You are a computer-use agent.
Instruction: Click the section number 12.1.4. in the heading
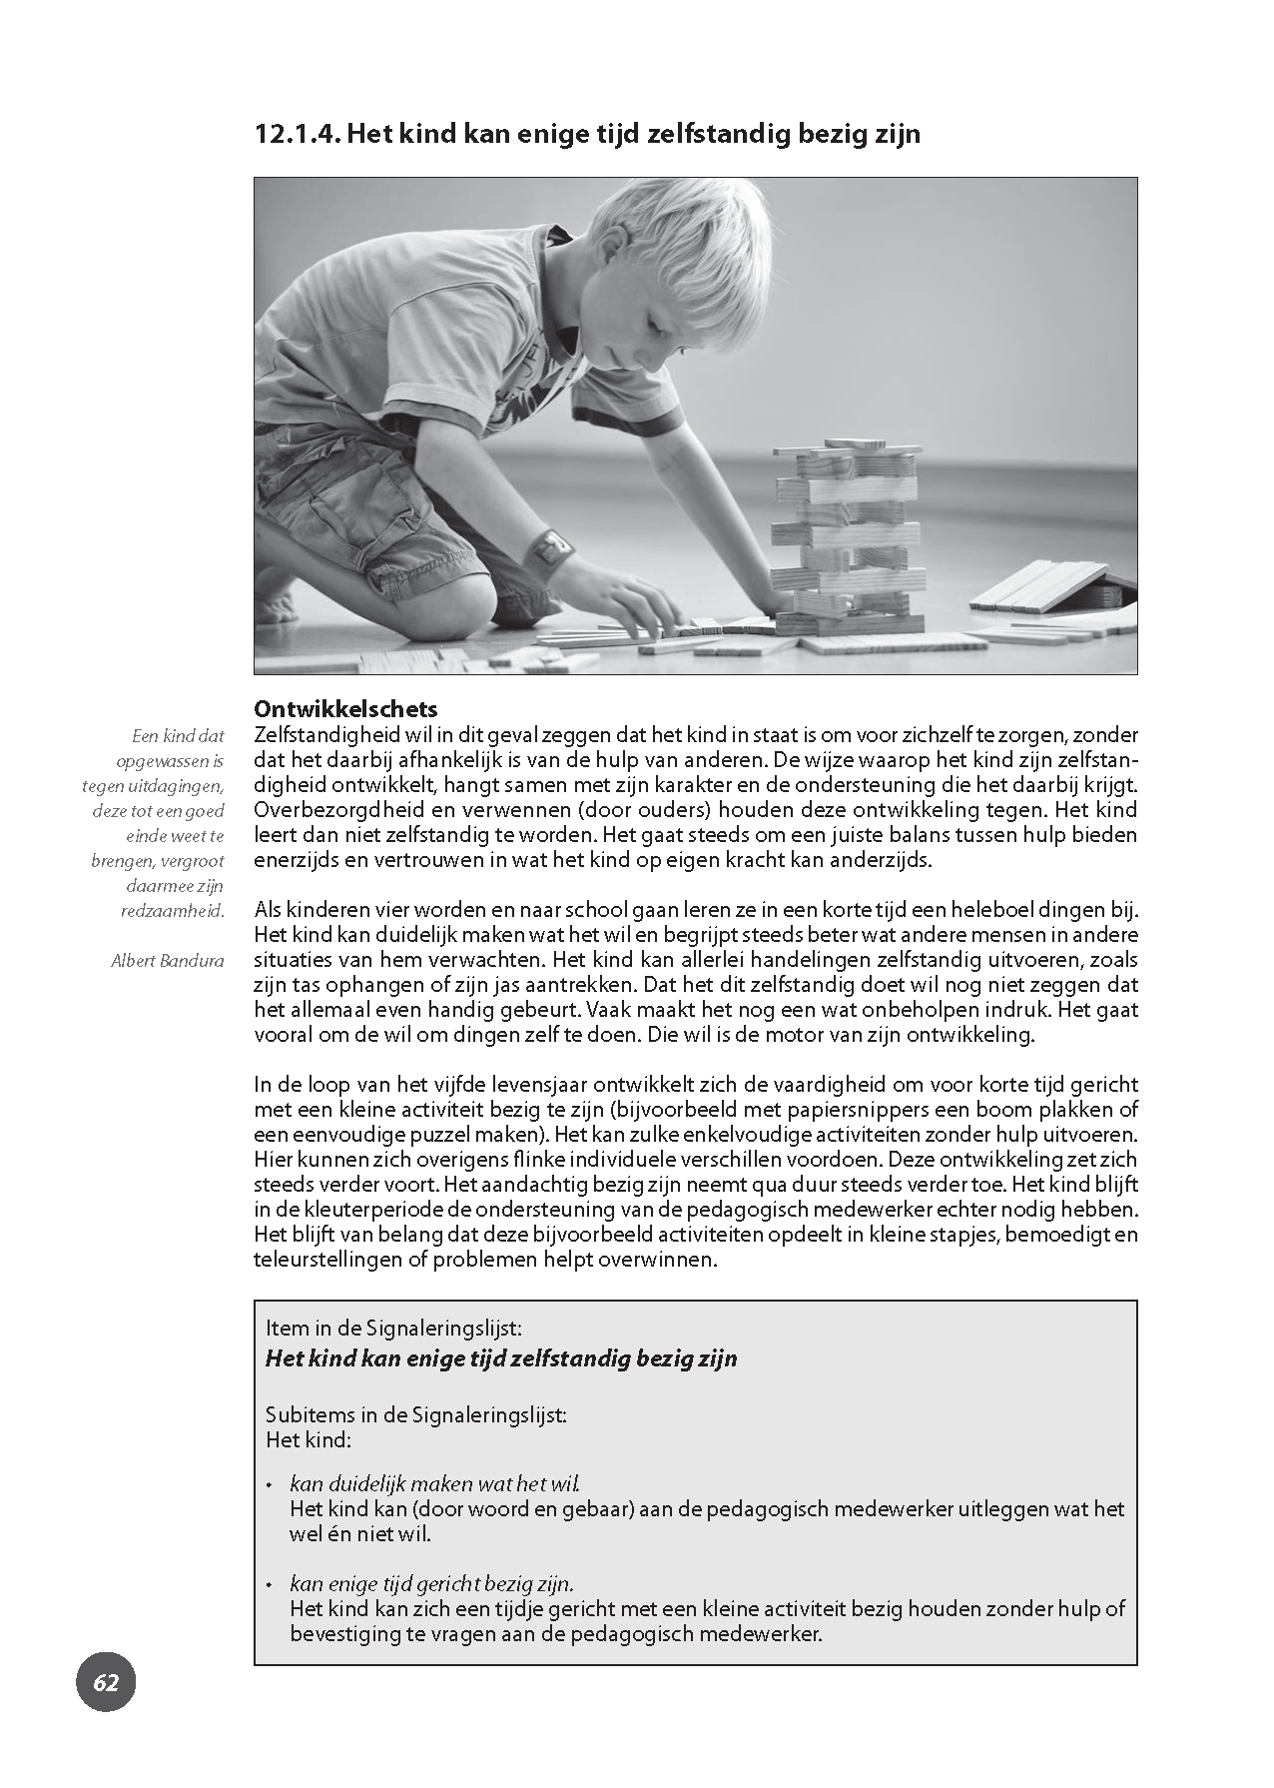(x=298, y=134)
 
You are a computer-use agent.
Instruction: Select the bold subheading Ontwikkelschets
(x=345, y=709)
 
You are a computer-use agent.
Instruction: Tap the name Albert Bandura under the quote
(x=168, y=961)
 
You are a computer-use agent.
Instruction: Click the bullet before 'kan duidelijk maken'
(x=270, y=1486)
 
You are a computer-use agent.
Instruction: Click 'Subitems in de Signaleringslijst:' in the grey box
(x=415, y=1415)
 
